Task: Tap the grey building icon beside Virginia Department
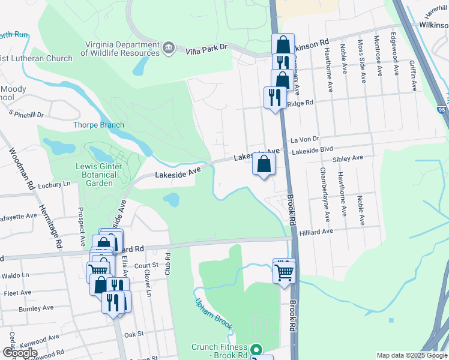[x=169, y=47]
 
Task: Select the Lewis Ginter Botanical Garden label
[x=99, y=175]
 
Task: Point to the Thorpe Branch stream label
[x=98, y=125]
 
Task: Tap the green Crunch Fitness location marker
[x=257, y=349]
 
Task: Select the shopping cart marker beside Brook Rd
[x=284, y=272]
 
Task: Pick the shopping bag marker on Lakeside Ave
[x=264, y=164]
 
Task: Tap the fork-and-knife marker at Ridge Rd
[x=275, y=98]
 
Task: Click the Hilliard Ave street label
[x=316, y=232]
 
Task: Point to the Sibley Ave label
[x=348, y=158]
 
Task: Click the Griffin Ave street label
[x=413, y=75]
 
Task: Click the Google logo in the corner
[x=20, y=352]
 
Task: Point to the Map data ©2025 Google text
[x=411, y=355]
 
